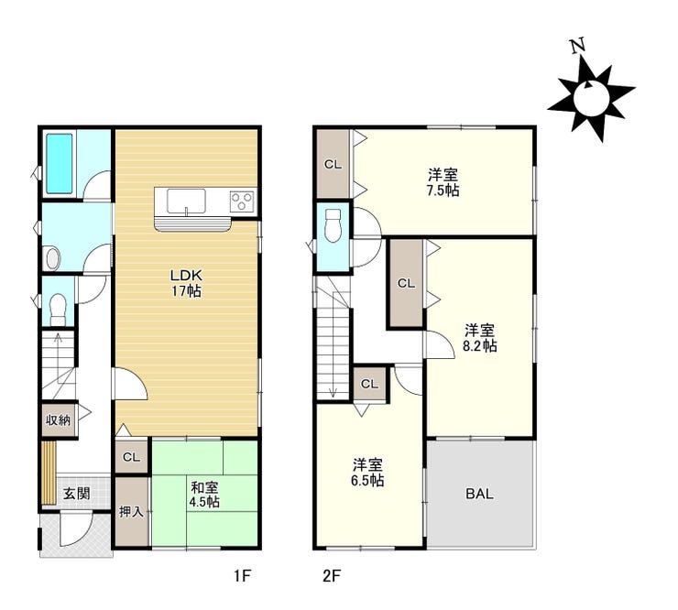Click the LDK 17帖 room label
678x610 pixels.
(186, 283)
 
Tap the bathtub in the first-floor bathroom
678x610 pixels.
(60, 163)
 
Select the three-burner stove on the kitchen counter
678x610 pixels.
(243, 201)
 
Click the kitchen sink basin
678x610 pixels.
(186, 201)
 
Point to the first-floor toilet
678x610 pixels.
(58, 309)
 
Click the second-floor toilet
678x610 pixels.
(333, 225)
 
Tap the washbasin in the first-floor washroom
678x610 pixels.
(53, 258)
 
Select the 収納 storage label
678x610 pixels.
(59, 419)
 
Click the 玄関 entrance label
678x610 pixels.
(77, 494)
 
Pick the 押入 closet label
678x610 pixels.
(131, 512)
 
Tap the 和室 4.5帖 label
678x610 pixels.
(204, 495)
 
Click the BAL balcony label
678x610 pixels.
(479, 494)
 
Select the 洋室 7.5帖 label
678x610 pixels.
(443, 183)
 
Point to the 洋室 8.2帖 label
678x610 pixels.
(480, 338)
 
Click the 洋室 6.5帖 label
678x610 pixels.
(367, 473)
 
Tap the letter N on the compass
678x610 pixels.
(577, 46)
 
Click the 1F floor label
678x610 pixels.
(243, 576)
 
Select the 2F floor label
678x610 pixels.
(332, 576)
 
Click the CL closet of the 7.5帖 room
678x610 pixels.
(333, 164)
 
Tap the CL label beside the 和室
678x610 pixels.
(131, 457)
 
